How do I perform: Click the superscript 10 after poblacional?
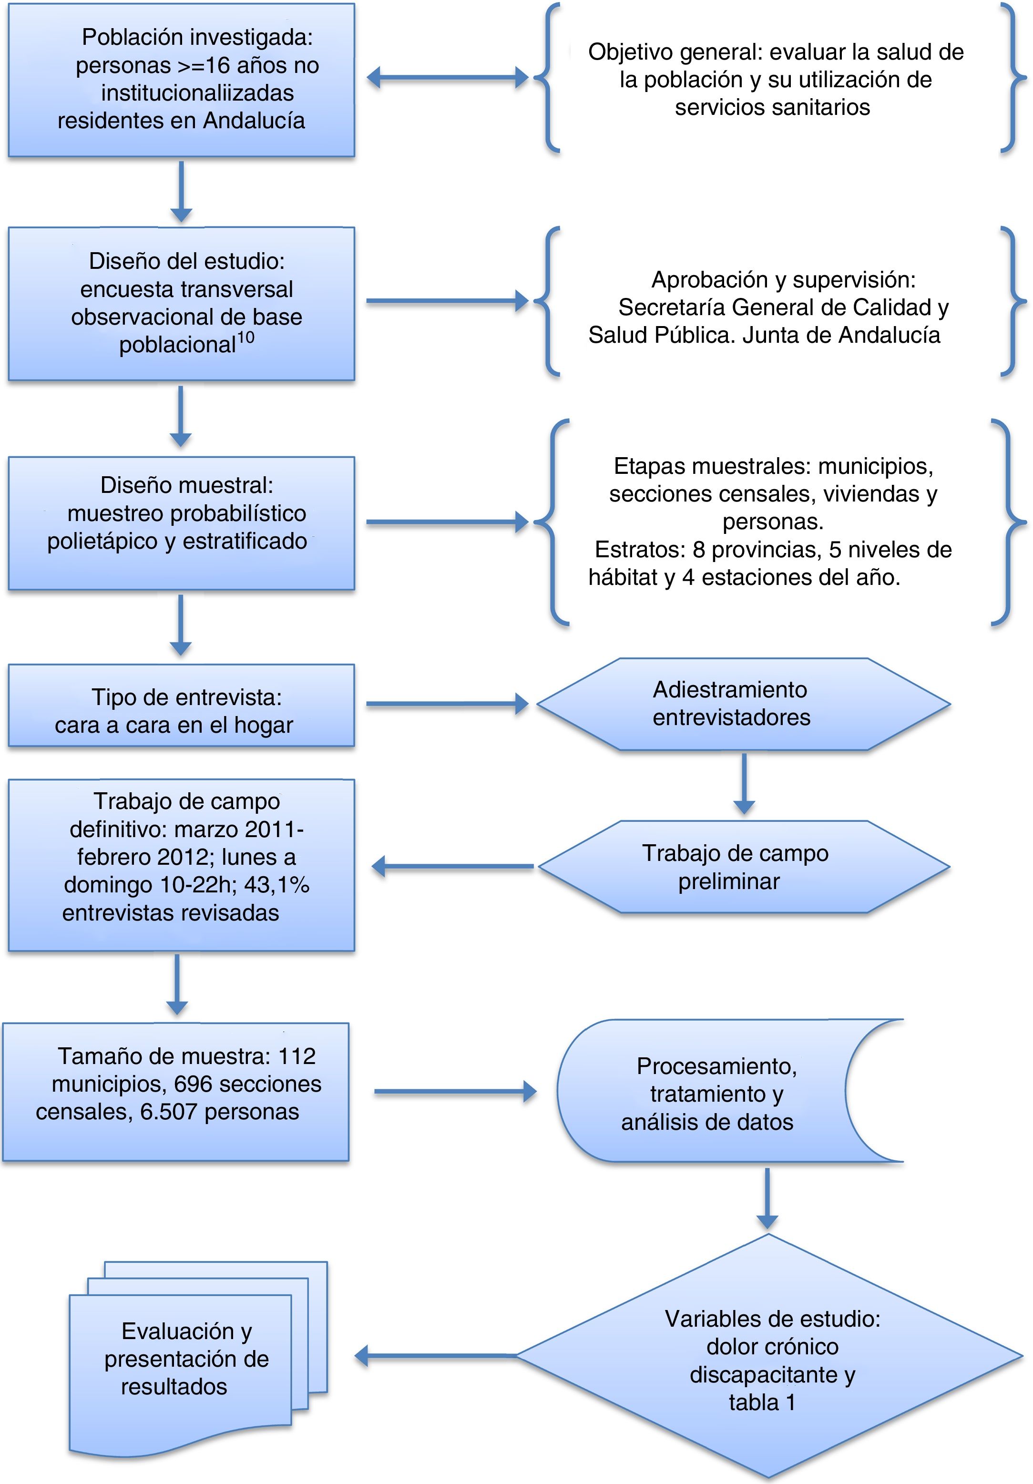[245, 338]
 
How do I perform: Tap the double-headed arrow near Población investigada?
[447, 78]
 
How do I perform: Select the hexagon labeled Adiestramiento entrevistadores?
[743, 704]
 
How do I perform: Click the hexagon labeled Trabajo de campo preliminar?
[743, 867]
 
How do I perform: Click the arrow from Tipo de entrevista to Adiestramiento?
[447, 704]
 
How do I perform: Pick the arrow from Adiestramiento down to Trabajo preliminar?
[744, 783]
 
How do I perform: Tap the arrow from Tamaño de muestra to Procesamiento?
[455, 1092]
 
